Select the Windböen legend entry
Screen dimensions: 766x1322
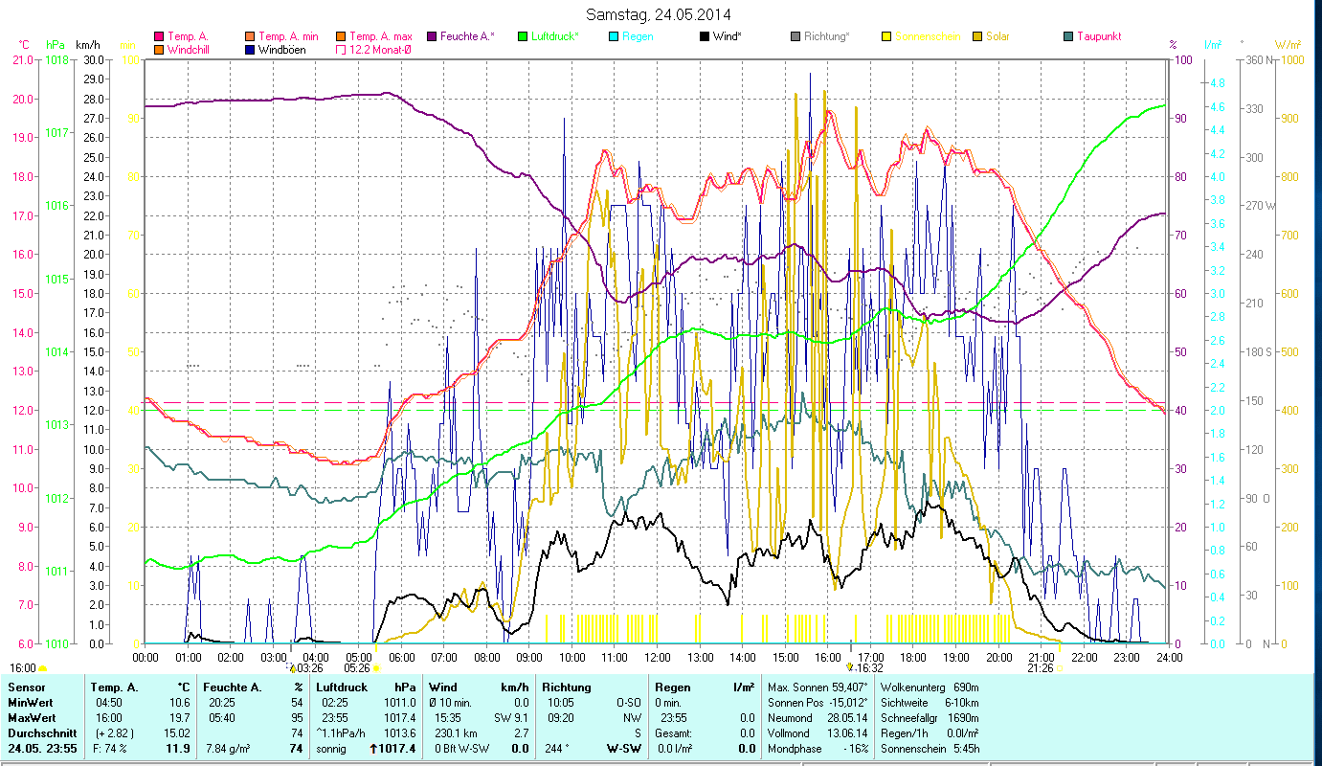pos(281,50)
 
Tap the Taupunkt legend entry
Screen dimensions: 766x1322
pos(1098,36)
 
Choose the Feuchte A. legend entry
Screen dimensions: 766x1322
pos(467,36)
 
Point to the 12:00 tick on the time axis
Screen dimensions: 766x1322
pos(657,658)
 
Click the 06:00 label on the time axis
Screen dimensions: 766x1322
pos(401,658)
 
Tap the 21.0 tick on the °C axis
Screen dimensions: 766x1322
pos(23,59)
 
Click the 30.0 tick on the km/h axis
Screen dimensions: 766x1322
pos(94,59)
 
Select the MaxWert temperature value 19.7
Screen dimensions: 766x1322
pos(178,717)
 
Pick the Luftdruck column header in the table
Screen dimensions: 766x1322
pos(342,687)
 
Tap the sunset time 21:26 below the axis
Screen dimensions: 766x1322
pos(1041,667)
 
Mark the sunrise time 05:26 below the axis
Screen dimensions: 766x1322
pos(357,667)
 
